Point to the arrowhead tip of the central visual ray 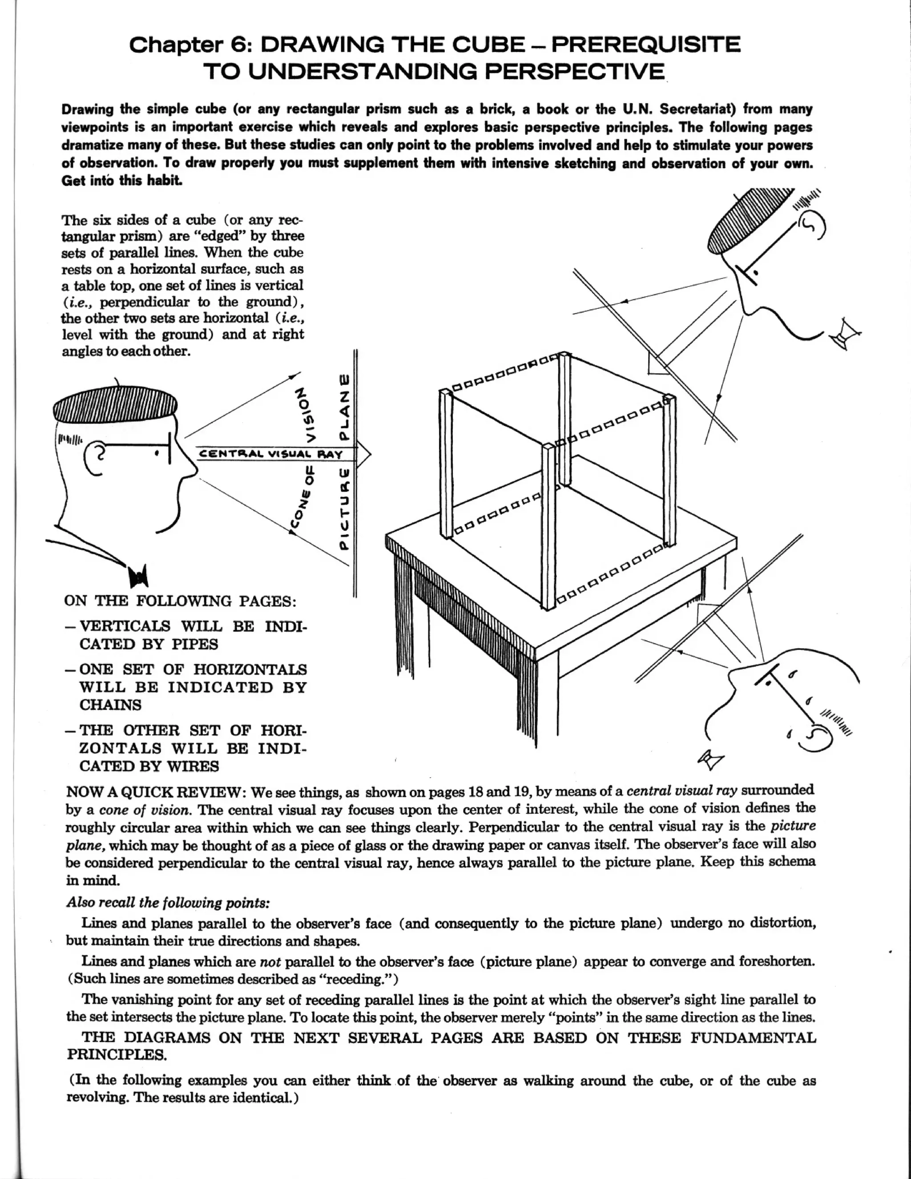(x=371, y=455)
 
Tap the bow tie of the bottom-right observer (x=711, y=759)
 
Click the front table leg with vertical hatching (x=526, y=696)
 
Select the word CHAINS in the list (x=110, y=705)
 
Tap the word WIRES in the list (x=193, y=766)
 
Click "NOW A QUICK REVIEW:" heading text (x=157, y=792)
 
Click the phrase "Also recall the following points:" (x=167, y=903)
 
